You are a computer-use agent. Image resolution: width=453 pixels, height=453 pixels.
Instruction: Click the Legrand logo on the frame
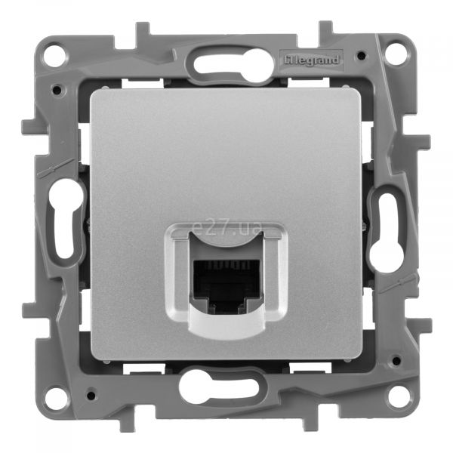311,60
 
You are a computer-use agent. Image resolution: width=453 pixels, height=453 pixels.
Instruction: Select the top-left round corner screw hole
55,54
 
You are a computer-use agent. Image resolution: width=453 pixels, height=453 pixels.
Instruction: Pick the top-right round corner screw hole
396,54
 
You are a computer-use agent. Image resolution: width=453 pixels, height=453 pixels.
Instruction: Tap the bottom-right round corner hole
399,395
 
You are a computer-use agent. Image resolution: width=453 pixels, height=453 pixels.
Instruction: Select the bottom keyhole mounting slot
219,387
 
